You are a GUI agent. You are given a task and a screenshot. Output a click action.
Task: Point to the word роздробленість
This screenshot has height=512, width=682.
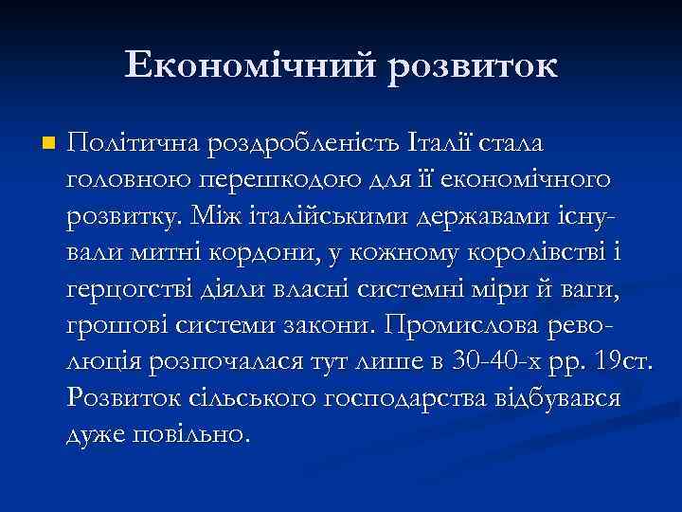tap(298, 143)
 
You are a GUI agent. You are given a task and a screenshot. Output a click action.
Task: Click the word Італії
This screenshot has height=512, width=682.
tap(445, 143)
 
